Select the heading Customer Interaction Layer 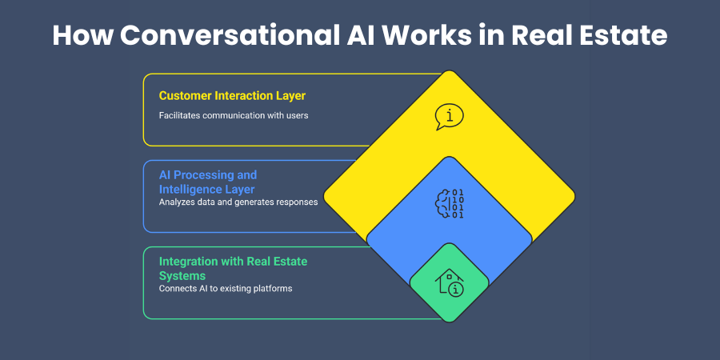[232, 96]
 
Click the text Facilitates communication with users [234, 115]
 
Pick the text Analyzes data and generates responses [238, 202]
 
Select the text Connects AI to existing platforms [226, 288]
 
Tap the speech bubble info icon [449, 117]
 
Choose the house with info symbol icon [449, 282]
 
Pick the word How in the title [79, 36]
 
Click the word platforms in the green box [270, 288]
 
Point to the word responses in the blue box [295, 202]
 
